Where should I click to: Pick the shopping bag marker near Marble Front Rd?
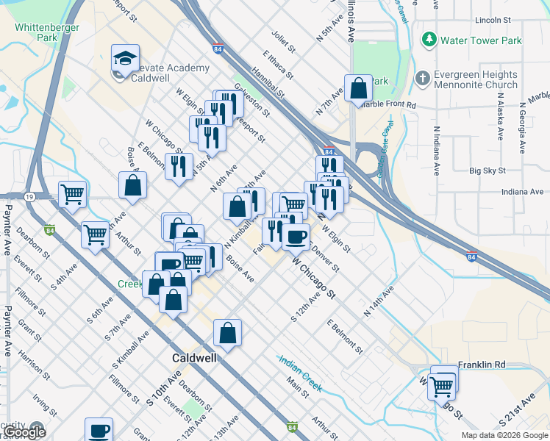(358, 89)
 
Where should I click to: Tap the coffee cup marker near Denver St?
(296, 237)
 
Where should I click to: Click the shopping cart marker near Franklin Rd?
(442, 384)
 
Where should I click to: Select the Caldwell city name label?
(194, 359)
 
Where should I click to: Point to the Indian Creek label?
(300, 373)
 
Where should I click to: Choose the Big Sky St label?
(488, 171)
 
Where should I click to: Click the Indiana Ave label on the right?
(521, 192)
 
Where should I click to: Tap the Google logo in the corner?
(24, 432)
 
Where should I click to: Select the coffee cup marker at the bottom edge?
(99, 430)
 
